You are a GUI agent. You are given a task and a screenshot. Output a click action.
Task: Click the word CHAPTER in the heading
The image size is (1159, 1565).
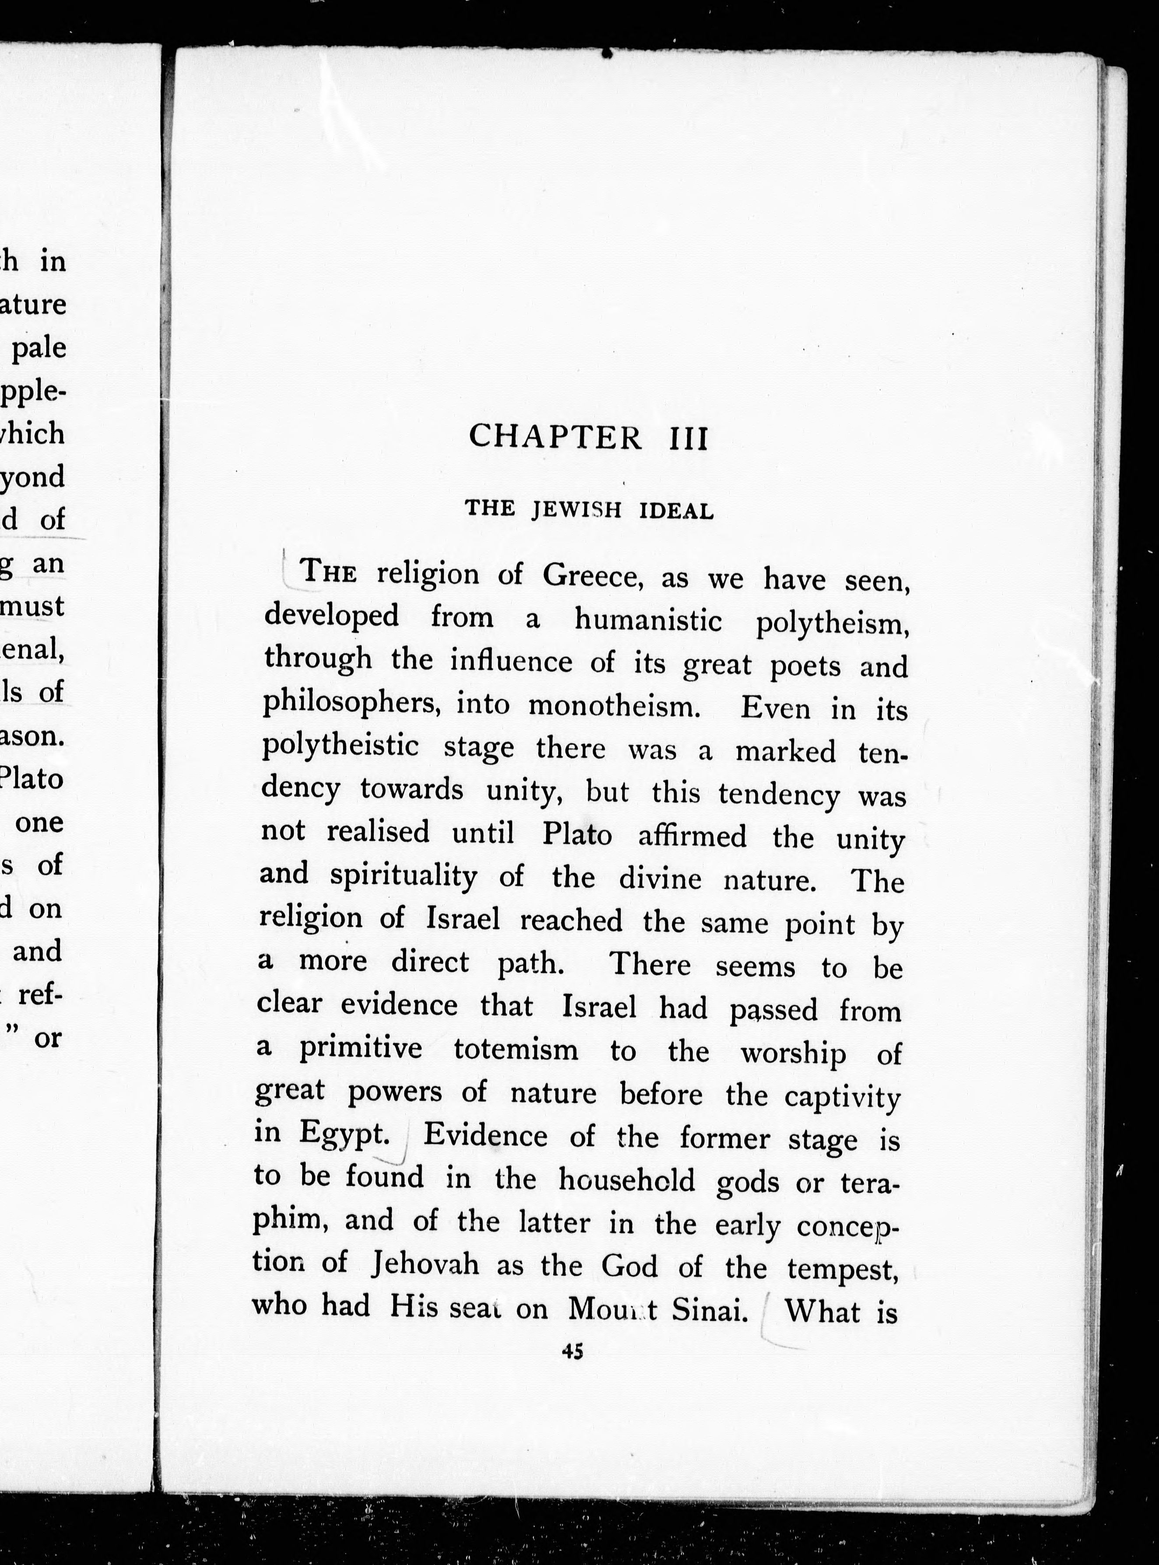pos(554,437)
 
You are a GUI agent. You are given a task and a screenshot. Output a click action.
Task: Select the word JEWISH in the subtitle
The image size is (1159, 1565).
pos(577,510)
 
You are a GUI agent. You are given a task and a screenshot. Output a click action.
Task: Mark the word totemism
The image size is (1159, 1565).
pos(516,1049)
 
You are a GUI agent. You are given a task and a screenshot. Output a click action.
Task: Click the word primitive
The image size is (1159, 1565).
pos(361,1048)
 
